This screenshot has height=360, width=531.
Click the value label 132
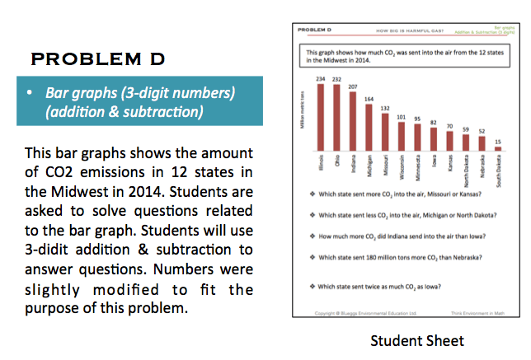pyautogui.click(x=385, y=108)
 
